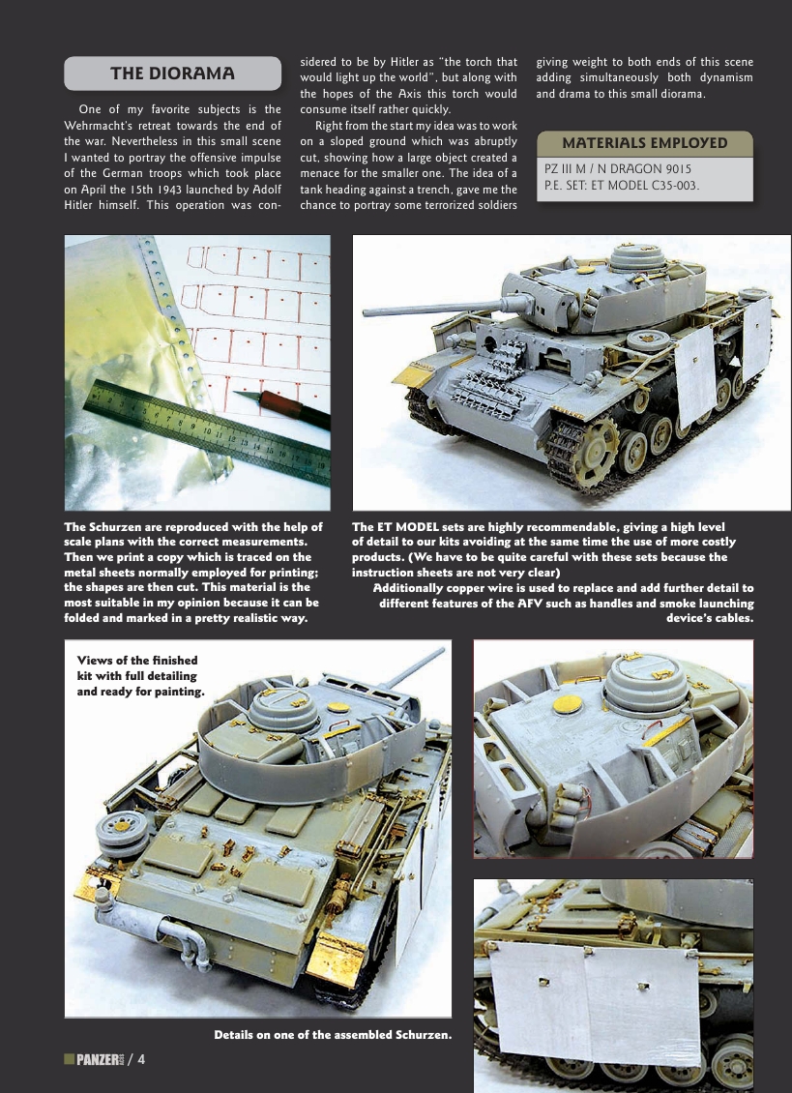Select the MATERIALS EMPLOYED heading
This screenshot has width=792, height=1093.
coord(644,142)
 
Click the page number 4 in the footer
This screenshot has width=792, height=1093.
coord(141,1060)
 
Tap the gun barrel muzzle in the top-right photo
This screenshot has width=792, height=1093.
coord(364,312)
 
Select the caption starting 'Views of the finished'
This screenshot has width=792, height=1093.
coord(140,676)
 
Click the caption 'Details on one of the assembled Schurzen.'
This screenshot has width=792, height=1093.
coord(333,1035)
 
